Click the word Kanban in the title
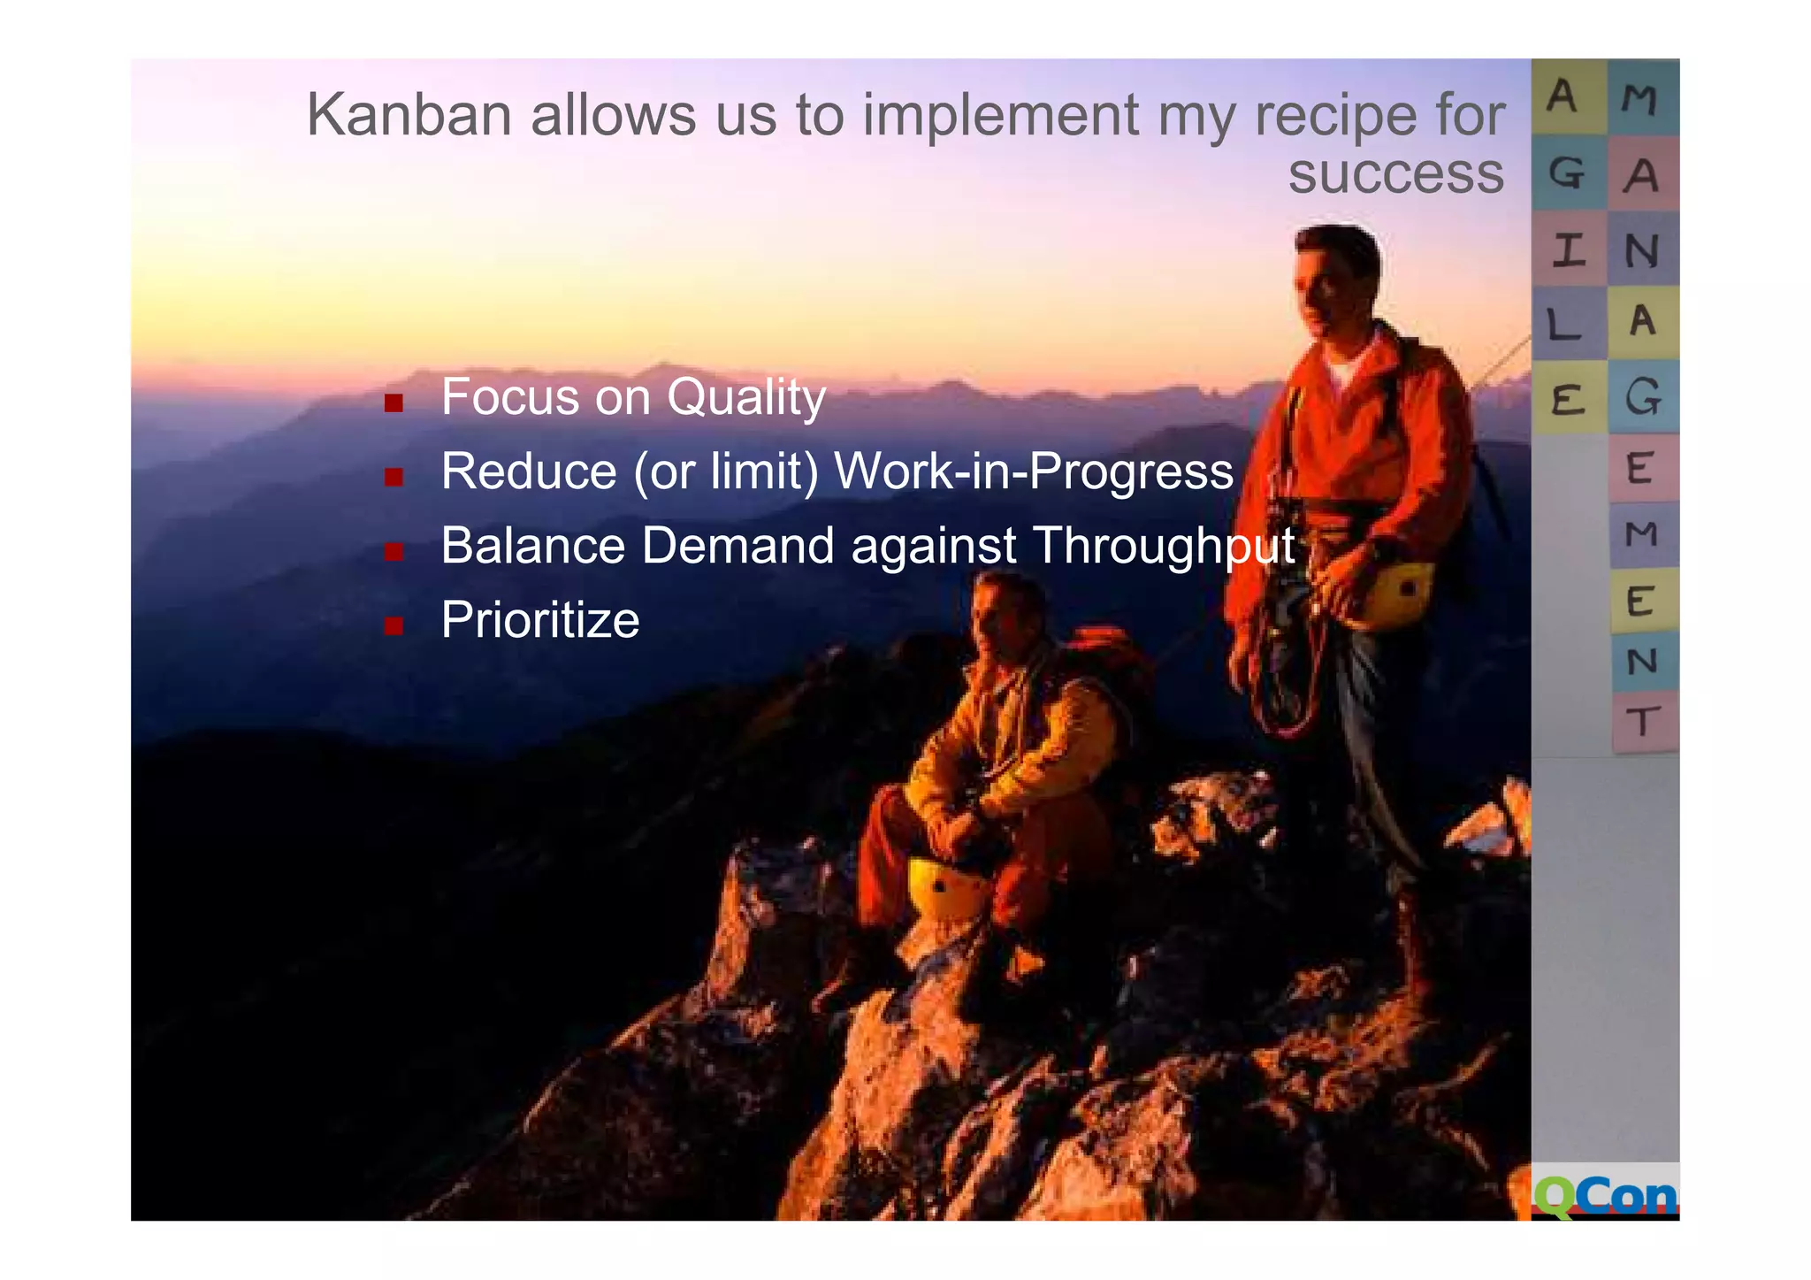tap(409, 115)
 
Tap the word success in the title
tap(1395, 174)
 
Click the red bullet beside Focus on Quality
tap(394, 404)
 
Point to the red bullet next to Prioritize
tap(394, 627)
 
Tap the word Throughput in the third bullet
tap(1164, 547)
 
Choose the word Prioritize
tap(539, 619)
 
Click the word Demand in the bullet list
tap(737, 545)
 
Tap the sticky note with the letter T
tap(1642, 722)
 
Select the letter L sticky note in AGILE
tap(1566, 325)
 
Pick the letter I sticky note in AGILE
tap(1568, 250)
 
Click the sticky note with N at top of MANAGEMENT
tap(1642, 250)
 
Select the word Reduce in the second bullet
tap(528, 471)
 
